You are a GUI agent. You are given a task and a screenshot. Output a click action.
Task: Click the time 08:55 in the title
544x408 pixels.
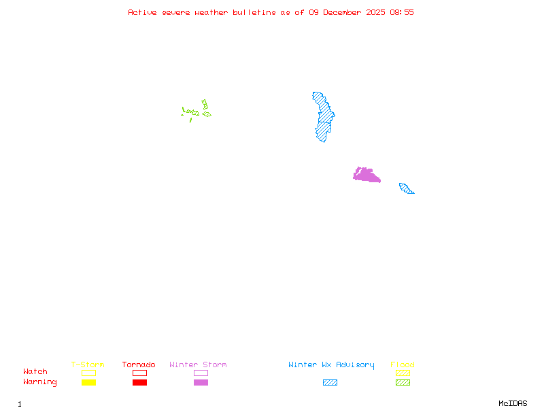[x=402, y=12]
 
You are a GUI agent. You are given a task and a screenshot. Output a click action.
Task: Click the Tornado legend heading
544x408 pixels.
[x=139, y=365]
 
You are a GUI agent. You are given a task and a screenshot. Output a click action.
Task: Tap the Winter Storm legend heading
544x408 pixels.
[x=198, y=365]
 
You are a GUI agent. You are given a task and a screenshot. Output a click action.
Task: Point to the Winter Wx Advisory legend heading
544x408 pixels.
[x=331, y=365]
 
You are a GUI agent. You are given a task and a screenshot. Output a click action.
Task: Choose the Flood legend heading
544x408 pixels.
[x=403, y=365]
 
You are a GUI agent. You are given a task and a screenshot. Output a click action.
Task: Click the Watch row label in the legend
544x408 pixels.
[x=35, y=372]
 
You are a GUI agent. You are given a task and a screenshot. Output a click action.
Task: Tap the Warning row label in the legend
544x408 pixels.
[x=40, y=382]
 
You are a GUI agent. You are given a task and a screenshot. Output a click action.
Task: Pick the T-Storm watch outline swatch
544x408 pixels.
[x=88, y=373]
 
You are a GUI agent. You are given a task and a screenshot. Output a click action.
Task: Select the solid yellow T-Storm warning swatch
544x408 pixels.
[x=88, y=382]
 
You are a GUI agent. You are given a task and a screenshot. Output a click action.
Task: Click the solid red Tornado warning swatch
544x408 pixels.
[x=139, y=382]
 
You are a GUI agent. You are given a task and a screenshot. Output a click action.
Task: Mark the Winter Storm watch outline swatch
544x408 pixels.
[x=201, y=373]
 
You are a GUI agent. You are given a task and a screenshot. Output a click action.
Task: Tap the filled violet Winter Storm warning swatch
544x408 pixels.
[x=201, y=382]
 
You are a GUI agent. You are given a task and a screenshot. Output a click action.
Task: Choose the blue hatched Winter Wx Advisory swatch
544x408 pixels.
[x=330, y=382]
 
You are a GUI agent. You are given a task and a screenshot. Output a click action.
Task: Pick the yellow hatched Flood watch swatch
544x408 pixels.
[x=403, y=373]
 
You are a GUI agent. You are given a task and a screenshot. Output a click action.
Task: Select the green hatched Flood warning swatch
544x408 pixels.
[x=403, y=382]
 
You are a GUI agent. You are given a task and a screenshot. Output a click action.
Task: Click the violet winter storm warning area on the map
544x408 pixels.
[x=366, y=175]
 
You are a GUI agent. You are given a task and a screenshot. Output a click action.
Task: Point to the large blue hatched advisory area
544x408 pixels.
[x=324, y=116]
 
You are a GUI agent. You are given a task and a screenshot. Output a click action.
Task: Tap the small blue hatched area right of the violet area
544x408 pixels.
[x=406, y=188]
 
